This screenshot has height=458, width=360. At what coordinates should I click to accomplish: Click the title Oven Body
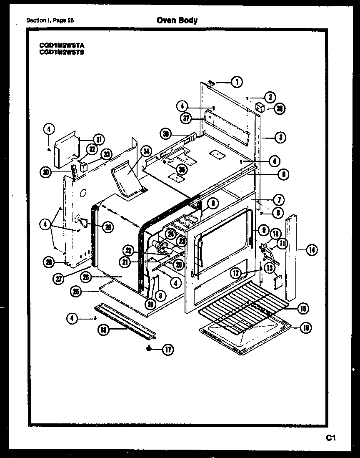click(x=177, y=20)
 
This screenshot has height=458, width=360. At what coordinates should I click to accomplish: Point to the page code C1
click(x=331, y=438)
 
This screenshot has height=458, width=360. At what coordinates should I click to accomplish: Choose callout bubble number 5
click(x=283, y=175)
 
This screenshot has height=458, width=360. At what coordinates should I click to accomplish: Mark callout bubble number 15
click(x=303, y=309)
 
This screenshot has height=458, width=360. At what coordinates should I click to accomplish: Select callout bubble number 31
click(x=98, y=139)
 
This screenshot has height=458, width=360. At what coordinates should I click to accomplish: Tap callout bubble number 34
click(x=146, y=152)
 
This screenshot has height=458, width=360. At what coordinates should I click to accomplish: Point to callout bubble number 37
click(x=187, y=118)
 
